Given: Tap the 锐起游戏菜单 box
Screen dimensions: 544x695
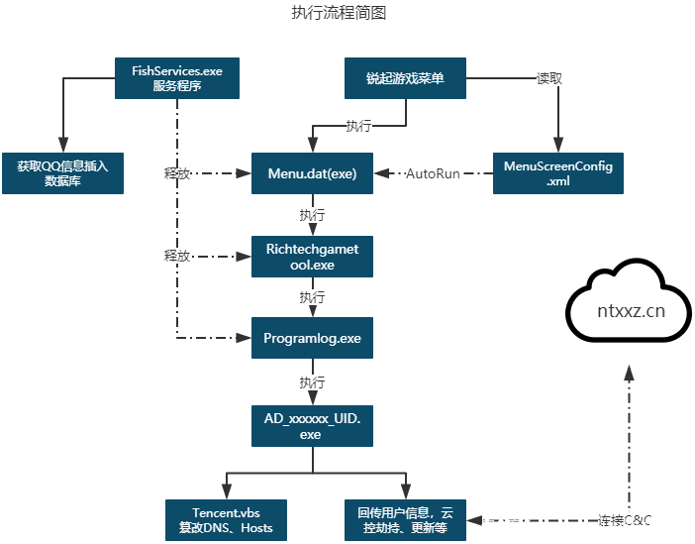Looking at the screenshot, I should pos(405,78).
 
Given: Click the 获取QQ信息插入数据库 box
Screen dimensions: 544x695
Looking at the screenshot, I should pos(62,173).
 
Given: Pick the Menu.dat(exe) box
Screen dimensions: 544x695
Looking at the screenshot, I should pos(312,173).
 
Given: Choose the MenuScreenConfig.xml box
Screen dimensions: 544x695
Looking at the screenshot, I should pos(557,173).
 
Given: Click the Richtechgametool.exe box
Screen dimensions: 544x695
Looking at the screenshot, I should pos(312,257).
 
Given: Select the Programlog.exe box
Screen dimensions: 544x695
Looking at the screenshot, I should pos(312,338).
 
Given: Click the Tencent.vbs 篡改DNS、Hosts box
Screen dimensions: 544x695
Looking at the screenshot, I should pos(226,519).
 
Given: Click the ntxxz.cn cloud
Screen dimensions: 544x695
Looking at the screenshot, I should pos(630,309).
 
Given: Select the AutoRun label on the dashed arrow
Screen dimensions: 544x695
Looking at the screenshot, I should pos(433,174).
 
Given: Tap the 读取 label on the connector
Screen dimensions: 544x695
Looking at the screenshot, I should pos(549,78).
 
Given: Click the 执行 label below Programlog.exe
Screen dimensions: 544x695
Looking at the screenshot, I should pos(312,381).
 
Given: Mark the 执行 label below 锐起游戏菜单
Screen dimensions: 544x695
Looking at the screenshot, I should pos(358,126).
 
